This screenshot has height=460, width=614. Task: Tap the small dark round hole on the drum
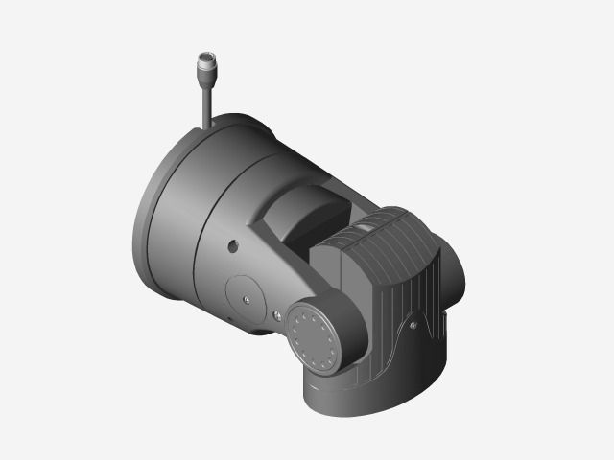point(233,245)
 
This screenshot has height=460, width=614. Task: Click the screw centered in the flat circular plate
point(247,298)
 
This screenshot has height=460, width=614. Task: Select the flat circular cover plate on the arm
point(245,292)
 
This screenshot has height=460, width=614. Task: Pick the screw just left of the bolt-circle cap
point(276,315)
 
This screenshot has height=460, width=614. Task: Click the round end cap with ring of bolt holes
point(314,338)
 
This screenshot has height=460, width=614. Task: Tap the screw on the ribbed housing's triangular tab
point(413,325)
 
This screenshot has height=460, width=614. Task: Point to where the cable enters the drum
point(207,125)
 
